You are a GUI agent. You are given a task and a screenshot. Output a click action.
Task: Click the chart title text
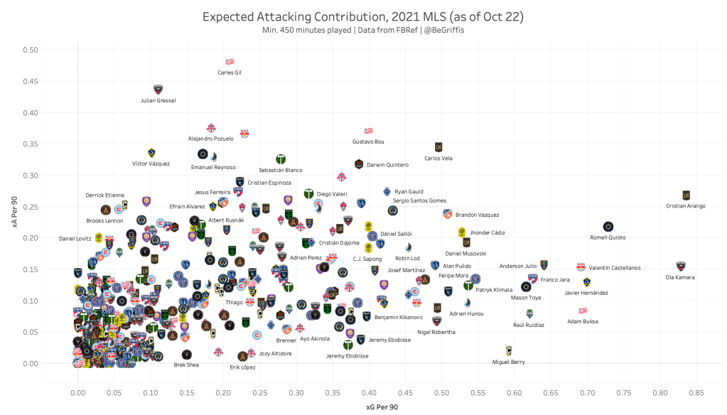click(x=363, y=16)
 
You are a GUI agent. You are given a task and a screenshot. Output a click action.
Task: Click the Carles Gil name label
click(x=230, y=72)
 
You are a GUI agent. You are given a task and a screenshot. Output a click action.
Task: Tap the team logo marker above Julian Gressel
click(x=158, y=90)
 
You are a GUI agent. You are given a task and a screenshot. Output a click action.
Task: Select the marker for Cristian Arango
click(x=686, y=195)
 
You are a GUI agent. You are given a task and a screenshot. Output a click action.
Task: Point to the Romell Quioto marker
click(x=608, y=227)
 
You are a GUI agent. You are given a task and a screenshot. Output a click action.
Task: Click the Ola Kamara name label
click(x=680, y=277)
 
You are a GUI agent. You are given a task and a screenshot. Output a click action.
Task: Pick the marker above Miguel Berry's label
click(x=508, y=350)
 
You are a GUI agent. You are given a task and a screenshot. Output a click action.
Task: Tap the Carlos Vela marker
click(x=438, y=147)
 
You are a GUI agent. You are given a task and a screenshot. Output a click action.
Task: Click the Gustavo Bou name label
click(x=368, y=141)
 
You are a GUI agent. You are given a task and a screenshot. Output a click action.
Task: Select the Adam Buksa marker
click(x=583, y=311)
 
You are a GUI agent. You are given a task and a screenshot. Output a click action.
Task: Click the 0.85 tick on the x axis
click(x=696, y=391)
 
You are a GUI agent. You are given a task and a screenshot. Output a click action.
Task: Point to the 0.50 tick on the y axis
click(x=30, y=50)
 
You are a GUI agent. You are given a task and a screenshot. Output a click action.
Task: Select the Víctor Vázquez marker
click(x=151, y=152)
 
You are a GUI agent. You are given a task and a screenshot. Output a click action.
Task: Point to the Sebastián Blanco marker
click(x=281, y=159)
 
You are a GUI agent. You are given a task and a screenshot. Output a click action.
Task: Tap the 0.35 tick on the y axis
click(x=30, y=144)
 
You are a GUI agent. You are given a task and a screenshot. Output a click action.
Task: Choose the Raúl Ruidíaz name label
click(x=529, y=325)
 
